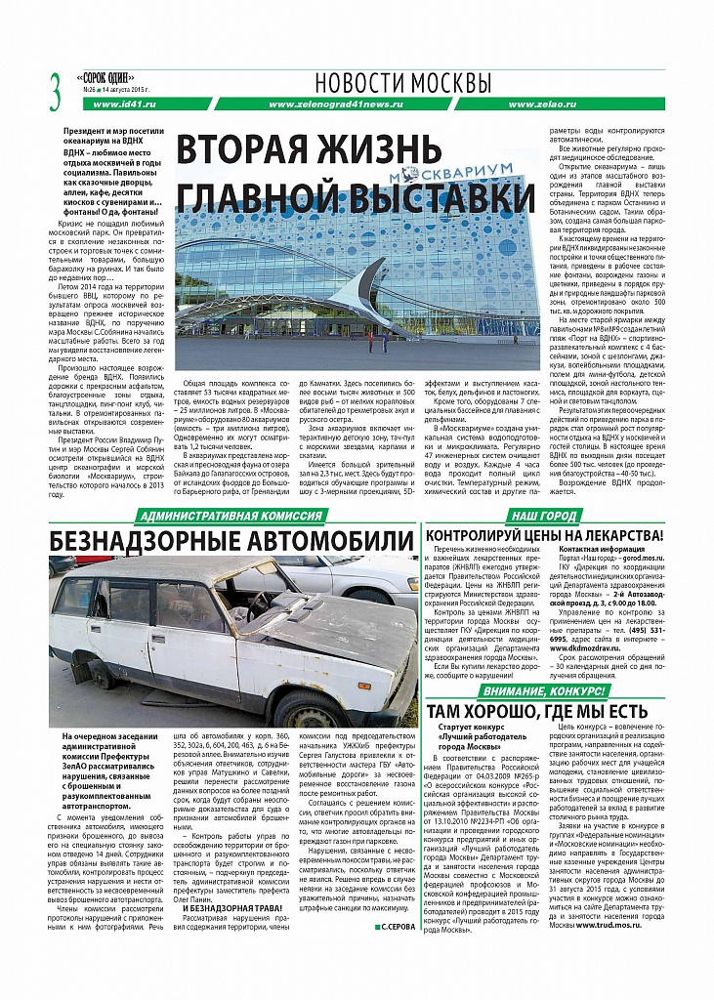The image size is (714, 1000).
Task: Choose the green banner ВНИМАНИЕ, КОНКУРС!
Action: coord(549,690)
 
